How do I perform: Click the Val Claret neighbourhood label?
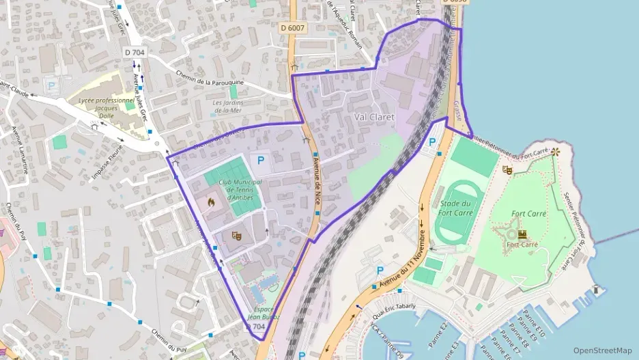click(x=374, y=117)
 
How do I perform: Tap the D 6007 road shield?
click(x=293, y=28)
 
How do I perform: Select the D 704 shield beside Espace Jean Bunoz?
click(x=255, y=327)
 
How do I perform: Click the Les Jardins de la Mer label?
click(x=236, y=106)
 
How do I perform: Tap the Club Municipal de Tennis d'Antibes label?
click(x=236, y=190)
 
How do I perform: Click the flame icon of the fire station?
click(x=211, y=202)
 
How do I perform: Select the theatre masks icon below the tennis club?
click(x=237, y=236)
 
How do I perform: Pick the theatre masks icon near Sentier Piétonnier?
click(x=507, y=169)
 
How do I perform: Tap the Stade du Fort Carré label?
click(x=455, y=208)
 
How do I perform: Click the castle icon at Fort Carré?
click(x=522, y=234)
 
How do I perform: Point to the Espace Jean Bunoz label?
click(x=263, y=313)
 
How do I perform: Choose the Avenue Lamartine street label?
click(x=20, y=150)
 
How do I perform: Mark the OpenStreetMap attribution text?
click(x=602, y=350)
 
